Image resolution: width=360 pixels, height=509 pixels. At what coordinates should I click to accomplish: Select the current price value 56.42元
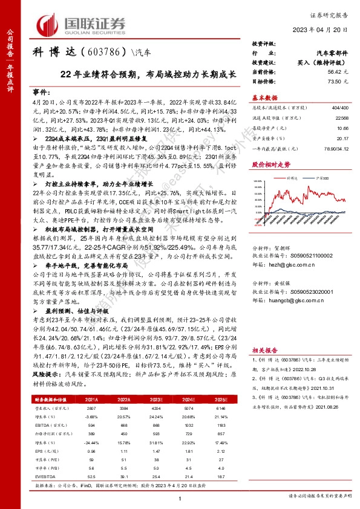click(339, 71)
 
